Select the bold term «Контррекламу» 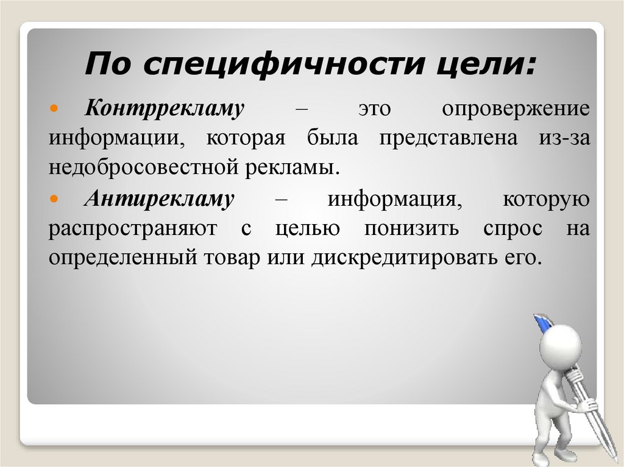pyautogui.click(x=165, y=108)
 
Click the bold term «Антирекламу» pyautogui.click(x=159, y=198)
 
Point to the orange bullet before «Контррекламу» pyautogui.click(x=54, y=108)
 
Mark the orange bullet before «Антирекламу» pyautogui.click(x=54, y=198)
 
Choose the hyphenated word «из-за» pyautogui.click(x=564, y=138)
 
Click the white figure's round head pyautogui.click(x=561, y=345)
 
